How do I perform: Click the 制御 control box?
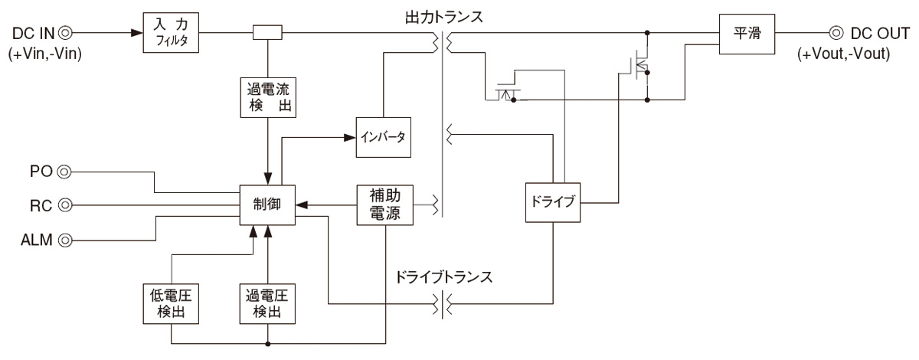[x=267, y=205]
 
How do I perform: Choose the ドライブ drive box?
[x=551, y=203]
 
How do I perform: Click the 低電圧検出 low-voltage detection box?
[x=172, y=303]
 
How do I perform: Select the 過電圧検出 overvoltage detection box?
[x=267, y=303]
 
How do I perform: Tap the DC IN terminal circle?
[x=67, y=33]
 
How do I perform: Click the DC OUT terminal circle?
[x=836, y=33]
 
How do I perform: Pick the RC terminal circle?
[x=65, y=205]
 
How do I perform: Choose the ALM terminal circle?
[x=65, y=240]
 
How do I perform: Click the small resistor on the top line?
[x=267, y=33]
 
